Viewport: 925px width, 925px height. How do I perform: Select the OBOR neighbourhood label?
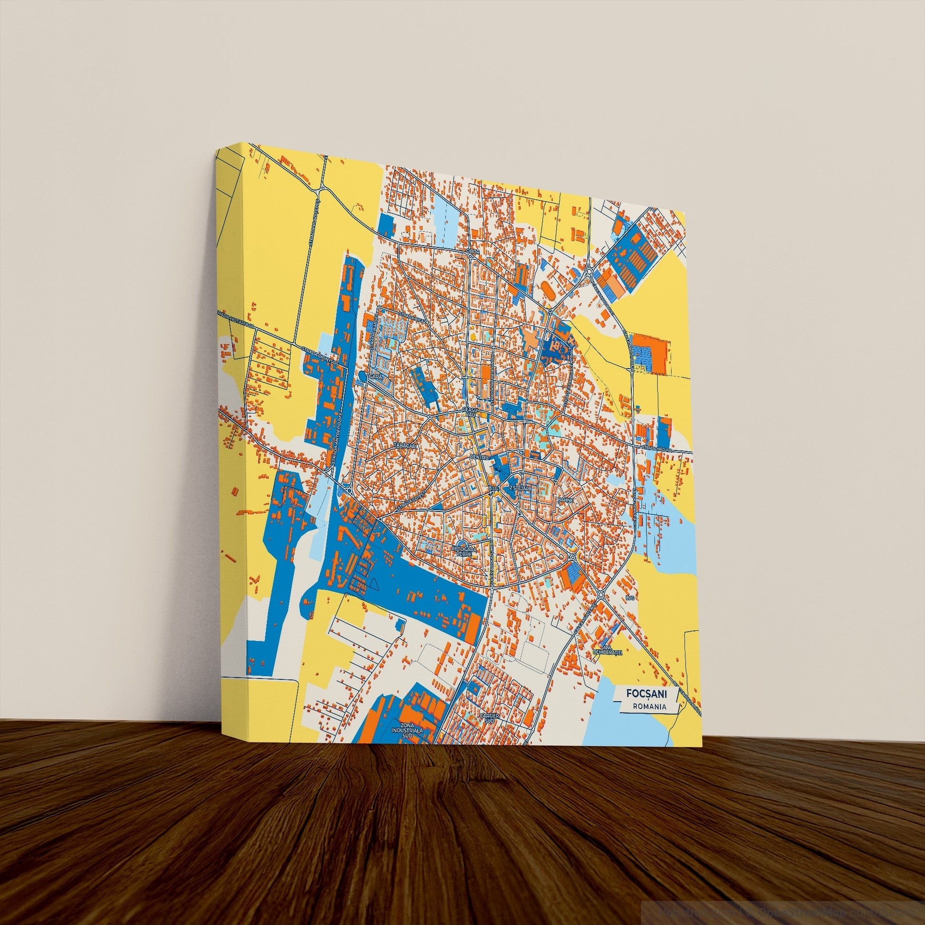[472, 251]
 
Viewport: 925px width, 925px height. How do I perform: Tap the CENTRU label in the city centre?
[479, 458]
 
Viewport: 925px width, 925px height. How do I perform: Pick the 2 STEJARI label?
[520, 488]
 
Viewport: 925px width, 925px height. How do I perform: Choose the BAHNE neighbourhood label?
[562, 500]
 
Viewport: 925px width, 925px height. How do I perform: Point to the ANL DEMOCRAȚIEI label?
[606, 651]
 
